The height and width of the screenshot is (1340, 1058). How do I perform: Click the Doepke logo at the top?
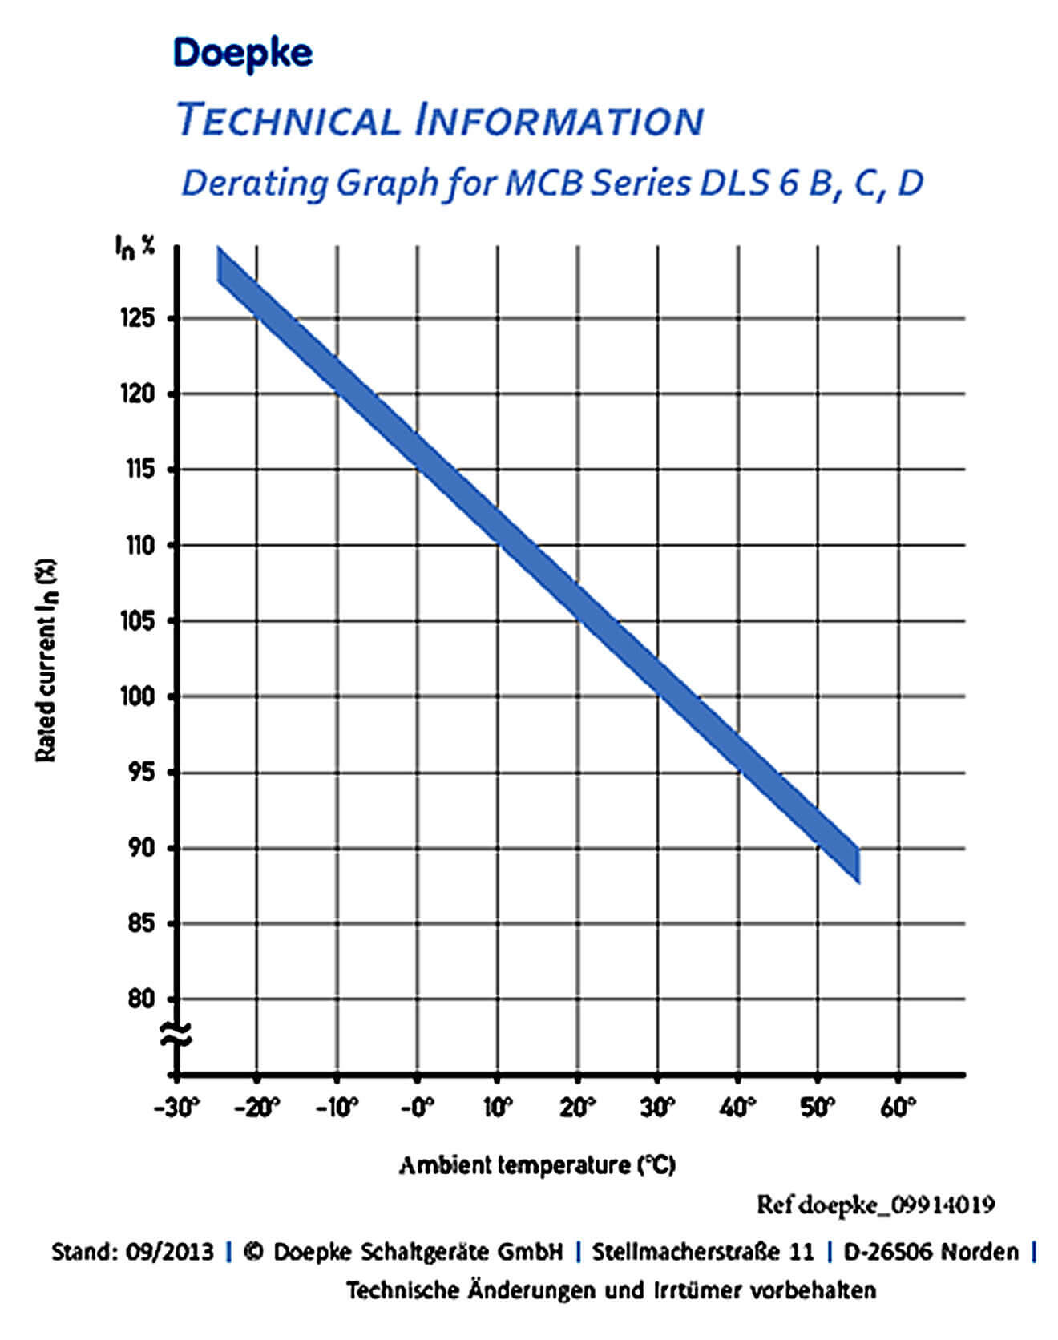click(243, 53)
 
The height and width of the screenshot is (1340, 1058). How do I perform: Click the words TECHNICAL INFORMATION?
click(439, 120)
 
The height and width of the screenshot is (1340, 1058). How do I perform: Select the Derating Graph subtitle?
click(552, 184)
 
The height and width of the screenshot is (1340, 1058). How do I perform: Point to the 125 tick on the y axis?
click(138, 318)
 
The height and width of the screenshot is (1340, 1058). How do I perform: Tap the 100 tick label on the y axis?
click(138, 696)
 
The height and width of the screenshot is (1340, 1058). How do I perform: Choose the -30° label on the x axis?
click(176, 1108)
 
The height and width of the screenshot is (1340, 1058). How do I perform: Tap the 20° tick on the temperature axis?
click(577, 1108)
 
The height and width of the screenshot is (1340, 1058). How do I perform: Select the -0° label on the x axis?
click(416, 1108)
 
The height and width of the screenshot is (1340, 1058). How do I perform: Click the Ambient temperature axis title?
click(537, 1164)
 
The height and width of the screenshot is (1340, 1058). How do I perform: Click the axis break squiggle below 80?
click(176, 1035)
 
